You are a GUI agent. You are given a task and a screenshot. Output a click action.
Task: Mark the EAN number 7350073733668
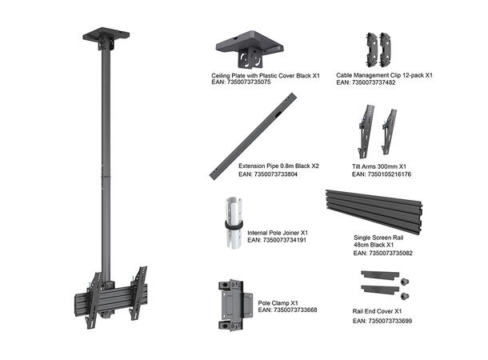[x=287, y=310]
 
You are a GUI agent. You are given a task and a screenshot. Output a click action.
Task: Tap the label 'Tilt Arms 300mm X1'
[x=379, y=166]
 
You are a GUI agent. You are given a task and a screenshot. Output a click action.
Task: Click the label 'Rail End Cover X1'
[x=377, y=310]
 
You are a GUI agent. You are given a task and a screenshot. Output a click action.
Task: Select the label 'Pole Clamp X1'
[x=278, y=303]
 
